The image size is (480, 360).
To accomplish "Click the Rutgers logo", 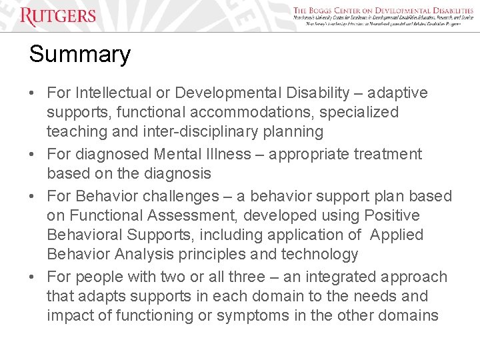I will tap(58, 16).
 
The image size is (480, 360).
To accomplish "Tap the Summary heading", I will tap(79, 54).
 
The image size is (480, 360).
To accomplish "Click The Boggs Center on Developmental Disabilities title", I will tap(383, 10).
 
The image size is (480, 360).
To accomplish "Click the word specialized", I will tap(359, 112).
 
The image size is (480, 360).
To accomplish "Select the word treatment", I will tap(385, 154).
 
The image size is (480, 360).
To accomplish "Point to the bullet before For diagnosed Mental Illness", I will tap(33, 154).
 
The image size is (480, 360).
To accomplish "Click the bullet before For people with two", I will tap(33, 277).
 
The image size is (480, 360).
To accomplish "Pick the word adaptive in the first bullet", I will tap(399, 93).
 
